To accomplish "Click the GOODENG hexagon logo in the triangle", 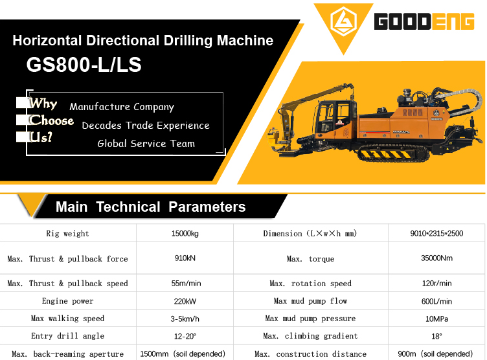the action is pyautogui.click(x=343, y=21).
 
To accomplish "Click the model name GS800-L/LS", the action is pyautogui.click(x=84, y=65).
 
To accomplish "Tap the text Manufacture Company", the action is pyautogui.click(x=122, y=107).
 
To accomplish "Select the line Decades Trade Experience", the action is pyautogui.click(x=146, y=126).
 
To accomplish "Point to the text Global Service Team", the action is pyautogui.click(x=146, y=144).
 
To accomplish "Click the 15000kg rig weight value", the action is pyautogui.click(x=185, y=234).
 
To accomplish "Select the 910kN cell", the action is pyautogui.click(x=185, y=258).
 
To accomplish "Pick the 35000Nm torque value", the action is pyautogui.click(x=436, y=258).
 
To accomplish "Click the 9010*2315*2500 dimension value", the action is pyautogui.click(x=436, y=234).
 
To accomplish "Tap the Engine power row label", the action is pyautogui.click(x=68, y=301).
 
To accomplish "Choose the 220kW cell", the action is pyautogui.click(x=185, y=301).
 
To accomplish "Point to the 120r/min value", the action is pyautogui.click(x=436, y=284).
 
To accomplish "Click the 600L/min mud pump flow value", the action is pyautogui.click(x=436, y=301).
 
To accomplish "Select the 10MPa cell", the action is pyautogui.click(x=436, y=319).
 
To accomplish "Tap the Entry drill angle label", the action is pyautogui.click(x=68, y=336).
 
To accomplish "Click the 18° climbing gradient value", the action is pyautogui.click(x=436, y=337).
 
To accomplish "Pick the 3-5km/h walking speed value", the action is pyautogui.click(x=185, y=319).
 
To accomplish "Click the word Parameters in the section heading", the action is pyautogui.click(x=207, y=207).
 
